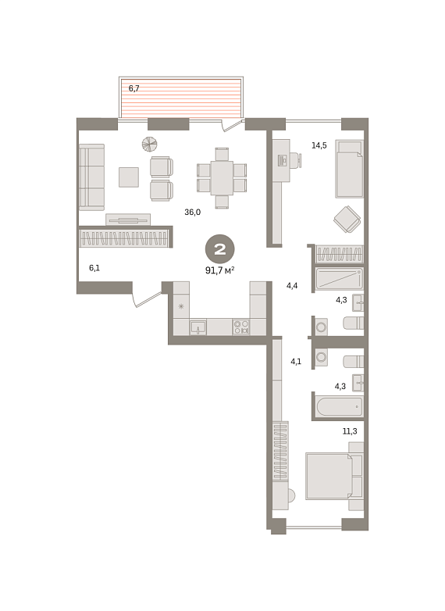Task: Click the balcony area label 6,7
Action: coord(134,88)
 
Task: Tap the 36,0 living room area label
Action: coord(192,212)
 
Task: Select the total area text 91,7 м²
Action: coord(219,270)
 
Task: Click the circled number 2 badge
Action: coord(220,249)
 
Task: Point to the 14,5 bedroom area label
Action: coord(319,145)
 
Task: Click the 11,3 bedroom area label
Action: coord(350,431)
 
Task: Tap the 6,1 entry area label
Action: coord(94,268)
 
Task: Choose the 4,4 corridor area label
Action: coord(292,286)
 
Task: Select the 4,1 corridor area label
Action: coord(296,361)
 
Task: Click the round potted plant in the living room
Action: coord(149,144)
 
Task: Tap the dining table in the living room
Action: coord(222,177)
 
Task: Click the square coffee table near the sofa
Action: coord(129,177)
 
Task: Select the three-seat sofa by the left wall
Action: coord(92,177)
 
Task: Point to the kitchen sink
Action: coord(198,327)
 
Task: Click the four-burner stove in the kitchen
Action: coord(241,327)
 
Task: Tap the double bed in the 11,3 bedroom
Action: coord(334,476)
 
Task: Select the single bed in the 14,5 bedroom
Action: coord(349,169)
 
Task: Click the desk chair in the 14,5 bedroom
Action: coord(297,159)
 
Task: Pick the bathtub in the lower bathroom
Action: coord(340,407)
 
